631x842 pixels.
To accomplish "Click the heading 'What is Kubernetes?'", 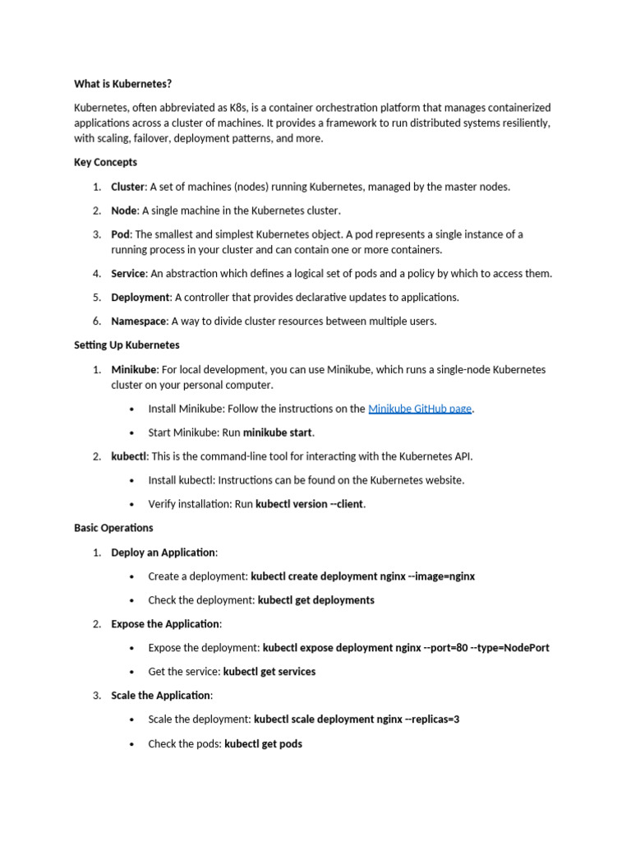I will [123, 84].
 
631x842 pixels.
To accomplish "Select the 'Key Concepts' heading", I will [106, 162].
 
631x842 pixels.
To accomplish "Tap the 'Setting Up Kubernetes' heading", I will [127, 345].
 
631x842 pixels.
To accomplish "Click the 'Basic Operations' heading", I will [113, 527].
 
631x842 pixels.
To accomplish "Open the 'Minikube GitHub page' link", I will [420, 409].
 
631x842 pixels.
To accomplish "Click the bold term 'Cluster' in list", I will [128, 187].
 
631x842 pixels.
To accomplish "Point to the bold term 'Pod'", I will [121, 234].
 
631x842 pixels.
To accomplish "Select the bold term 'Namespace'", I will [138, 322].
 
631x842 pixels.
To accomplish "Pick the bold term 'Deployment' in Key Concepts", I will [140, 297].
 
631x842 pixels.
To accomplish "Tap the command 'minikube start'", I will [278, 433].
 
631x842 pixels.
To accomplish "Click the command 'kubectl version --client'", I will [310, 504].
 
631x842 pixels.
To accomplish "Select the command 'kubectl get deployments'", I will [315, 600].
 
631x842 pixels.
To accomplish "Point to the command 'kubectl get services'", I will [269, 672].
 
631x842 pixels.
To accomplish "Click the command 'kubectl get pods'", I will [263, 744].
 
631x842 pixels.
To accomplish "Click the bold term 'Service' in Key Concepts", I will [129, 274].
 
